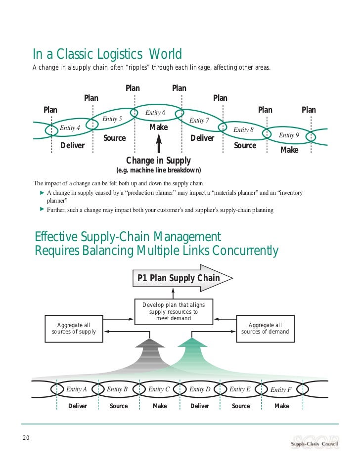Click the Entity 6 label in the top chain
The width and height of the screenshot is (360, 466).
pyautogui.click(x=155, y=113)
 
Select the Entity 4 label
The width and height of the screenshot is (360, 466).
pyautogui.click(x=70, y=128)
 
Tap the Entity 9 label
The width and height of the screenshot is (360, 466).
pyautogui.click(x=289, y=135)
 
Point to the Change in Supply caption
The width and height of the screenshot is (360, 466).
pyautogui.click(x=158, y=161)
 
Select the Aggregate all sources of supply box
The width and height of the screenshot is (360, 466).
pyautogui.click(x=74, y=329)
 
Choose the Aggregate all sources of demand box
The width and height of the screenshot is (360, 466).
pyautogui.click(x=265, y=329)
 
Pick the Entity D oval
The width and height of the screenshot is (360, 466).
pyautogui.click(x=200, y=389)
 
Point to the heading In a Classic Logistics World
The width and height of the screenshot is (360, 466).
pyautogui.click(x=107, y=54)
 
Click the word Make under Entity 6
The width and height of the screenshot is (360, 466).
pyautogui.click(x=159, y=127)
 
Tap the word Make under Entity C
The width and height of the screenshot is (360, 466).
pyautogui.click(x=160, y=406)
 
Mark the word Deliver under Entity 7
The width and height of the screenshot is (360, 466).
pyautogui.click(x=202, y=138)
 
